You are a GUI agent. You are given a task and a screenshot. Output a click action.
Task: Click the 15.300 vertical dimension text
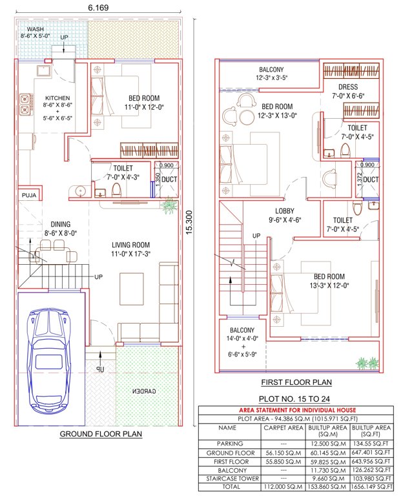[x=189, y=222]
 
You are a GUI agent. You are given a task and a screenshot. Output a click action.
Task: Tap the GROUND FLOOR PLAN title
[x=101, y=435]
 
